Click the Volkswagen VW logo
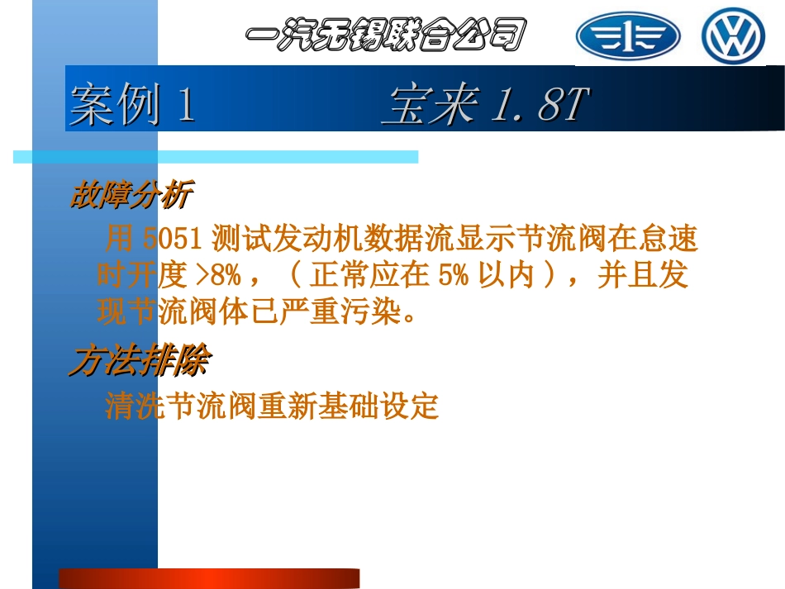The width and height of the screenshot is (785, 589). [733, 36]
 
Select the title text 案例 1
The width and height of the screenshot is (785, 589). [132, 106]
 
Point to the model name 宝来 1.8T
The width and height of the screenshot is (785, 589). [485, 106]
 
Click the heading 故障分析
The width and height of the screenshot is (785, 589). [131, 197]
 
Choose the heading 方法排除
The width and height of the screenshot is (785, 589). [139, 360]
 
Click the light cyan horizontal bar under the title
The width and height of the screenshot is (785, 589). [215, 156]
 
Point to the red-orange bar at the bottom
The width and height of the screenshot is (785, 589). [208, 577]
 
